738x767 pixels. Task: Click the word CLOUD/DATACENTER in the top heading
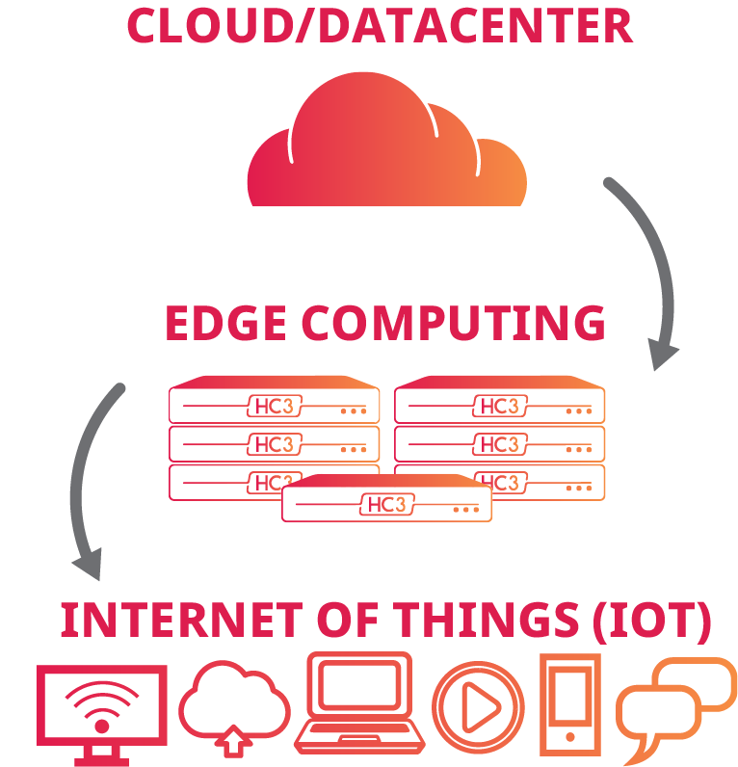coord(380,26)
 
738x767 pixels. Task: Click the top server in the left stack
coord(275,403)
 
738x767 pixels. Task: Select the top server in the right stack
coord(500,403)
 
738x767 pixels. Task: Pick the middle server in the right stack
coord(500,443)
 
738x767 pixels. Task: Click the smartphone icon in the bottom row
coord(570,703)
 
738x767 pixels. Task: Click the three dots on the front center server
coord(465,508)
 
